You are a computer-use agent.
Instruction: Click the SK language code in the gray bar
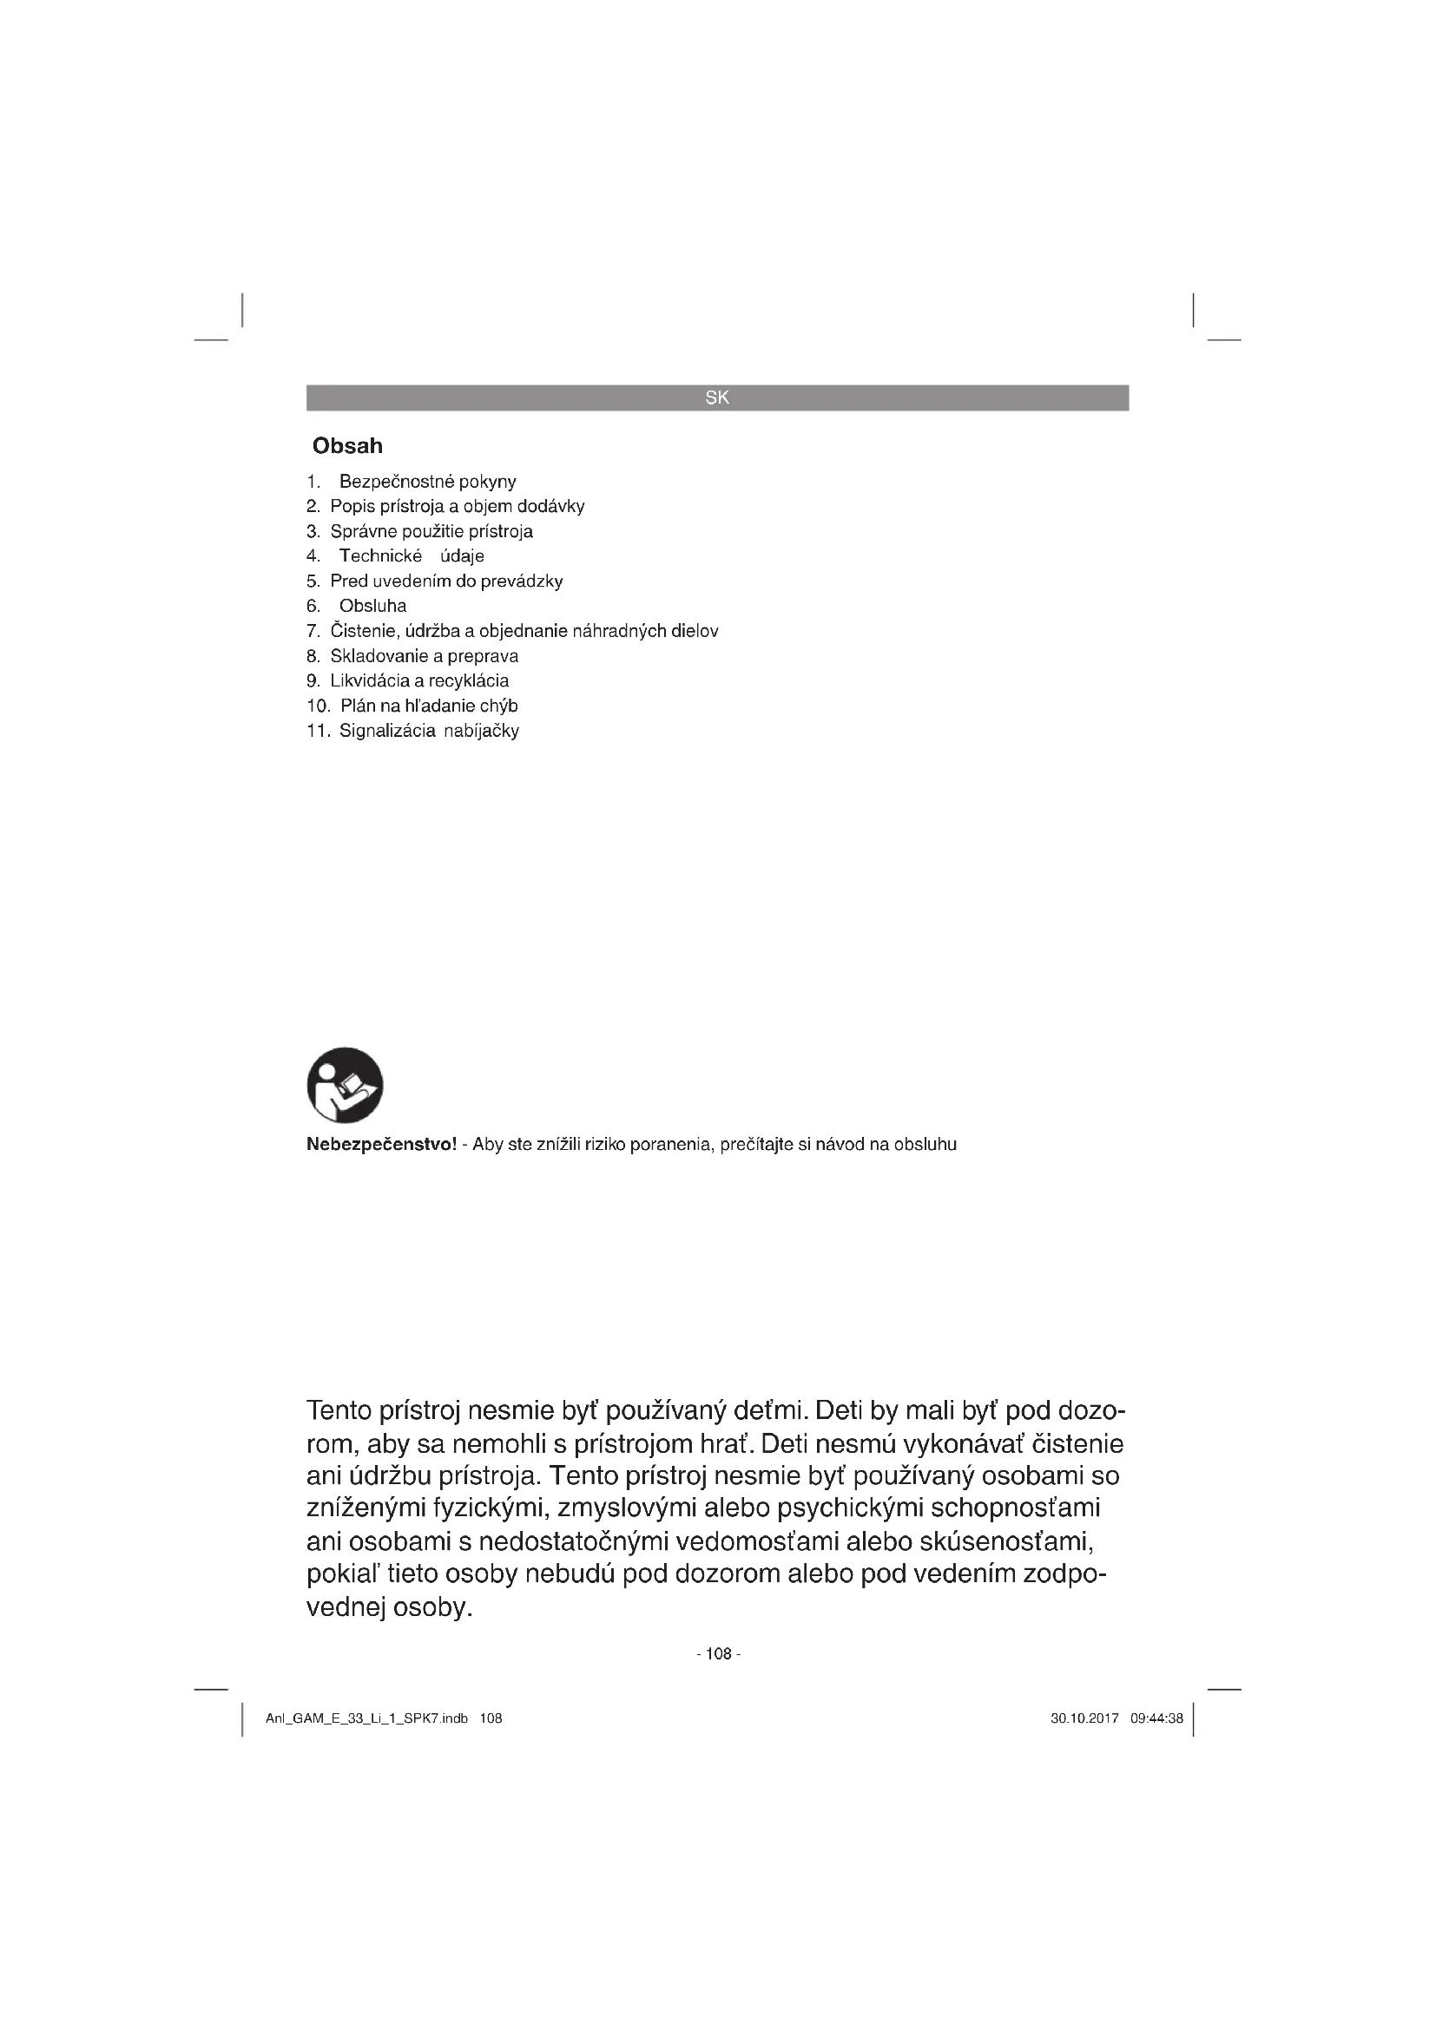[x=717, y=397]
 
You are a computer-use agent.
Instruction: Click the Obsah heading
[x=347, y=445]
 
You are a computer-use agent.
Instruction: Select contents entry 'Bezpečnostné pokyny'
[x=428, y=482]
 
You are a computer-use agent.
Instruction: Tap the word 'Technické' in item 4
[x=381, y=556]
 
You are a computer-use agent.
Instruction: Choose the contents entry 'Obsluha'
[x=373, y=607]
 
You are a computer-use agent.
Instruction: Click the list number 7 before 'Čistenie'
[x=313, y=631]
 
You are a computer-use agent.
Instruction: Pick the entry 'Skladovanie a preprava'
[x=425, y=656]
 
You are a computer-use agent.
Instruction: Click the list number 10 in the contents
[x=318, y=706]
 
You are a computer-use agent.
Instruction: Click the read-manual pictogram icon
[x=345, y=1085]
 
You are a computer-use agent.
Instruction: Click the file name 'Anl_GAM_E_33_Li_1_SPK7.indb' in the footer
[x=367, y=1718]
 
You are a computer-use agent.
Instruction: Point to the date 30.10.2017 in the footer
[x=1085, y=1718]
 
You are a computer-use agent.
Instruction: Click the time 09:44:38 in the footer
[x=1156, y=1718]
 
